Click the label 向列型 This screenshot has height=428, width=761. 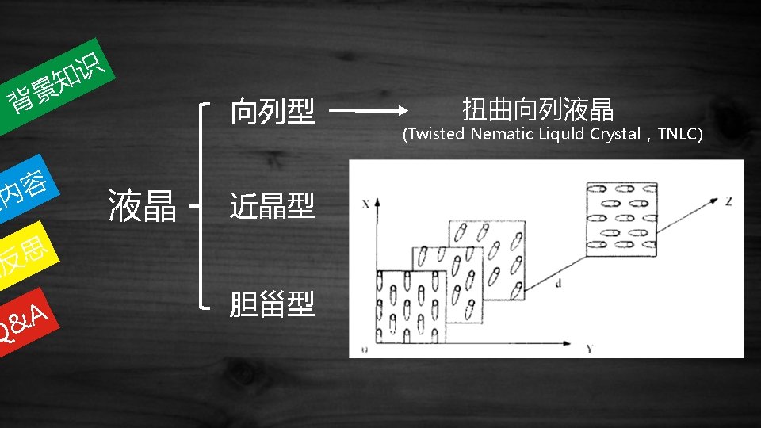click(272, 112)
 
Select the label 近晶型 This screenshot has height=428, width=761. click(272, 206)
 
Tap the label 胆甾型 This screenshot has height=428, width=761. click(272, 303)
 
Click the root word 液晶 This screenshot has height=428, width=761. click(142, 206)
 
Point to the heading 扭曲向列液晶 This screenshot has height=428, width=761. click(537, 109)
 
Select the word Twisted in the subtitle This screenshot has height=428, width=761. click(437, 134)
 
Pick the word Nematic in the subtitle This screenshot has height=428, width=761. click(502, 134)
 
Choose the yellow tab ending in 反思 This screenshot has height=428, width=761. click(24, 258)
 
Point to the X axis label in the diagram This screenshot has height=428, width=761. click(365, 204)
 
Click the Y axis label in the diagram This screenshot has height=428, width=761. click(590, 349)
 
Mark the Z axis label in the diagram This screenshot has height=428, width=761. click(728, 201)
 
